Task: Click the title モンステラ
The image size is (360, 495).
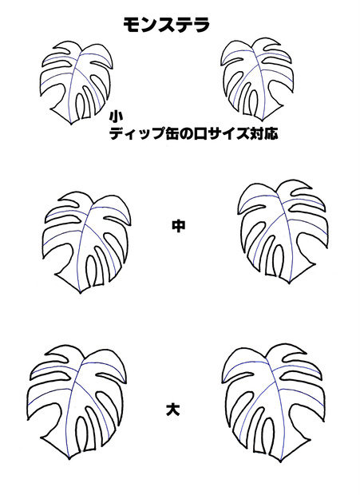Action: (x=166, y=25)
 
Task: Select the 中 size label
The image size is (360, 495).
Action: (x=179, y=226)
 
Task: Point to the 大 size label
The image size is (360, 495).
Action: (x=173, y=409)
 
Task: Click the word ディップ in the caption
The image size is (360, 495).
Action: (x=136, y=134)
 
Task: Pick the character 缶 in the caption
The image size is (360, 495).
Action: (x=172, y=134)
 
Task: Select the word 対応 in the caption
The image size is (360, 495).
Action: (x=263, y=134)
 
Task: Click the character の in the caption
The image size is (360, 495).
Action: (x=186, y=134)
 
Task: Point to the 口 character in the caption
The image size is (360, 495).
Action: (x=200, y=134)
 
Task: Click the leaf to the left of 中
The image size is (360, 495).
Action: (x=87, y=240)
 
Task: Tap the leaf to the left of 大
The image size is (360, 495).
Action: (x=76, y=401)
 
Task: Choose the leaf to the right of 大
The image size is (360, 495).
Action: (x=275, y=404)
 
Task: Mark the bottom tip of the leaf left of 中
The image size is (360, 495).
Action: (x=81, y=293)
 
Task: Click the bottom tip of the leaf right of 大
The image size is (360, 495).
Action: (x=280, y=461)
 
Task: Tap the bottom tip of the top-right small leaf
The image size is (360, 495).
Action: (x=263, y=121)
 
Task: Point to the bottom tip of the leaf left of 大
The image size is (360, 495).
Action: (x=69, y=458)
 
